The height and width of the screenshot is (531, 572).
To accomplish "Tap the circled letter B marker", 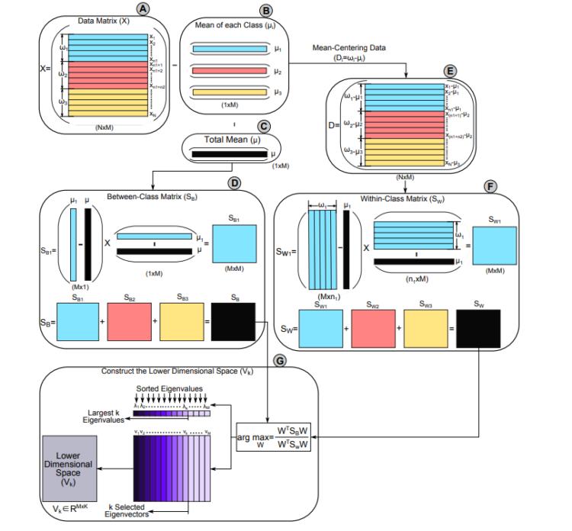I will tap(266, 11).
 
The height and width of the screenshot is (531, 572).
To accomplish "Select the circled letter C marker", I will tap(264, 127).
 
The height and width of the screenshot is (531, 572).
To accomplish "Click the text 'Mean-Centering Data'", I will tap(348, 47).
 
